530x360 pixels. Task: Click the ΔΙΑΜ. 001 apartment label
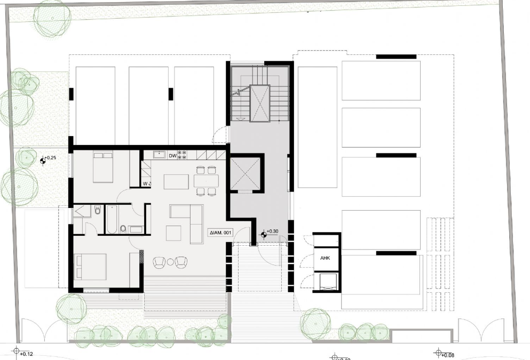220,233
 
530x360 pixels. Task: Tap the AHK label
325,258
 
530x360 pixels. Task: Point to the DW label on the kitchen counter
172,156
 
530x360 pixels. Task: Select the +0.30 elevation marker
264,234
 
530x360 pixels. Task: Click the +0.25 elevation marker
43,159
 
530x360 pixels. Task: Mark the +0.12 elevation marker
16,351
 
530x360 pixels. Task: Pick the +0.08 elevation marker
438,353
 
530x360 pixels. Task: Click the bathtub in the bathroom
112,220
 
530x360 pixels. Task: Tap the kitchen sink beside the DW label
159,155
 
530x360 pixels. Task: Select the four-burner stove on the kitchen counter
181,155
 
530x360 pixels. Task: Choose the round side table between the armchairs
170,262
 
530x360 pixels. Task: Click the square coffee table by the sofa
173,233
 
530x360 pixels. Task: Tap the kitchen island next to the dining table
177,181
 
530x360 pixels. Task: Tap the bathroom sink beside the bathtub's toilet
135,230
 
